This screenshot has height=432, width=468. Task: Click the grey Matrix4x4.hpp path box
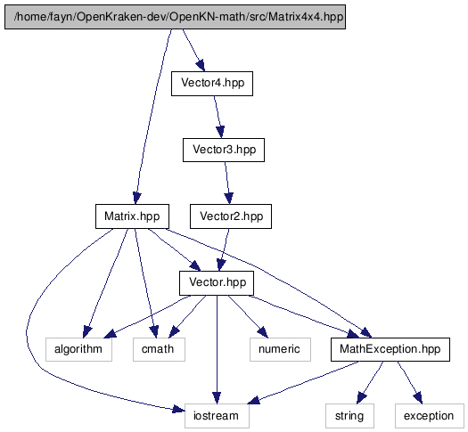pyautogui.click(x=176, y=17)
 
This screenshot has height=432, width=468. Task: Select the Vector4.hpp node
pyautogui.click(x=212, y=84)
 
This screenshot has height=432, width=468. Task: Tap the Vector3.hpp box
pyautogui.click(x=224, y=150)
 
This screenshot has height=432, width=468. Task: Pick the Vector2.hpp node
pyautogui.click(x=231, y=216)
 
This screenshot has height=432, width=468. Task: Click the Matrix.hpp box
pyautogui.click(x=132, y=216)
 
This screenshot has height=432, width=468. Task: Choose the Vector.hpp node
pyautogui.click(x=217, y=283)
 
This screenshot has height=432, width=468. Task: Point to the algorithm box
pyautogui.click(x=78, y=349)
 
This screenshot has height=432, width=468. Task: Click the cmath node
pyautogui.click(x=159, y=349)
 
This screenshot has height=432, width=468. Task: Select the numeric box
pyautogui.click(x=280, y=349)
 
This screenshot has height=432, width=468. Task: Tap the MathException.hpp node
pyautogui.click(x=390, y=349)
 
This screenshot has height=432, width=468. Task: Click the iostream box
pyautogui.click(x=217, y=416)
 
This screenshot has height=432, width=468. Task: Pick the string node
pyautogui.click(x=349, y=416)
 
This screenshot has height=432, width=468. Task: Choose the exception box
pyautogui.click(x=430, y=416)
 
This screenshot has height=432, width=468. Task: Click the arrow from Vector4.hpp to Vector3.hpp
pyautogui.click(x=218, y=117)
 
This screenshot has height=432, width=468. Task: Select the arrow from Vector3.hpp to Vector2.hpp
pyautogui.click(x=227, y=183)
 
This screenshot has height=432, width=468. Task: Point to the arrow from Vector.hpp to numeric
pyautogui.click(x=247, y=316)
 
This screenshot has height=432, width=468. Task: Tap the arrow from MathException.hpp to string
pyautogui.click(x=370, y=382)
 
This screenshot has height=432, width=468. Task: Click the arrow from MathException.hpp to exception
pyautogui.click(x=410, y=382)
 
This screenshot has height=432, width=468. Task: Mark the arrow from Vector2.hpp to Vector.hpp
pyautogui.click(x=224, y=249)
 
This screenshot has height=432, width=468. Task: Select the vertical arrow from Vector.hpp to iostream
pyautogui.click(x=217, y=350)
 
